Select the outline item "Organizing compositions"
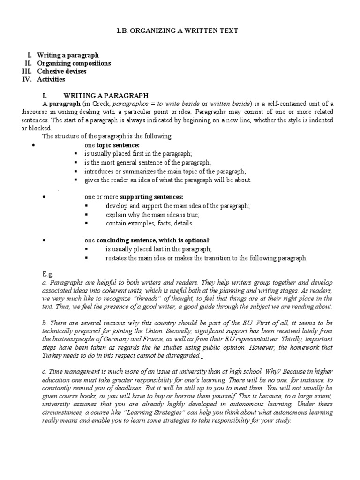74,63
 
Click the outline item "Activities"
51,79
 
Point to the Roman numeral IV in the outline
27,79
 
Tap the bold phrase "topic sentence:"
118,145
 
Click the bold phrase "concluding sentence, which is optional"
150,240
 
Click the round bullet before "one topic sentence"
33,145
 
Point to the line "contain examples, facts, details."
149,223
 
